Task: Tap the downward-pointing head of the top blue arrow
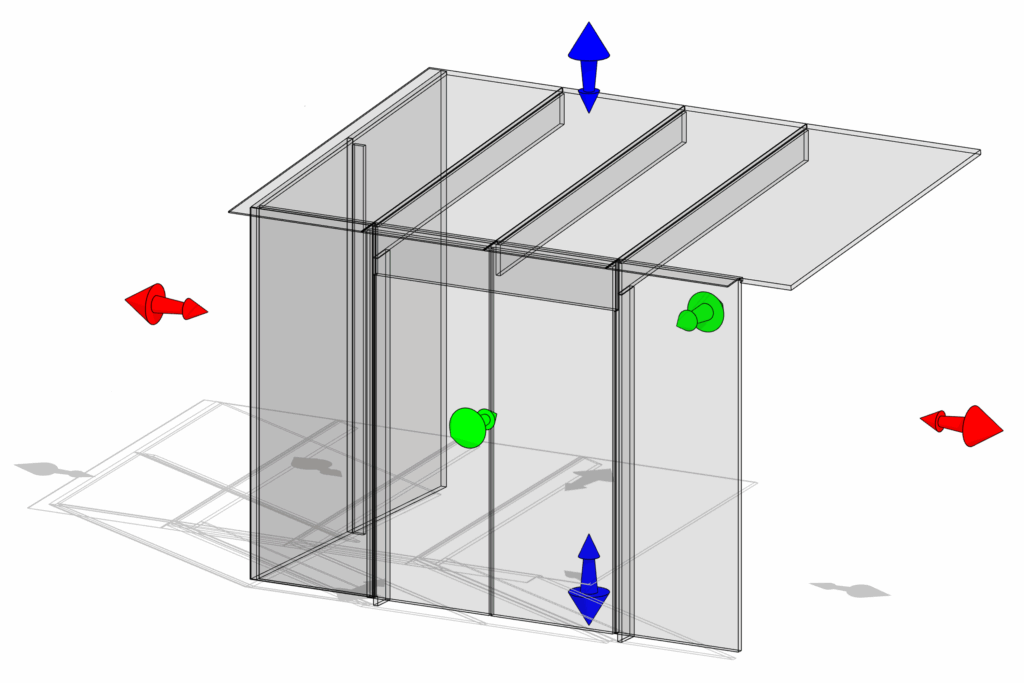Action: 589,100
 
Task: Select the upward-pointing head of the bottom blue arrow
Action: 589,547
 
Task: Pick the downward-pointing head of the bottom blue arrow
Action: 589,606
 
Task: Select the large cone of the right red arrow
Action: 982,427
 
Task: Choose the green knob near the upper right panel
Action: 705,311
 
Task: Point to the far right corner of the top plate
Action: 980,152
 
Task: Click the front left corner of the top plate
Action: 230,211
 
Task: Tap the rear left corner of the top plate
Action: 431,69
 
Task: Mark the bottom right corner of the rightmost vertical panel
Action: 740,651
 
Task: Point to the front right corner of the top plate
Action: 791,288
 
